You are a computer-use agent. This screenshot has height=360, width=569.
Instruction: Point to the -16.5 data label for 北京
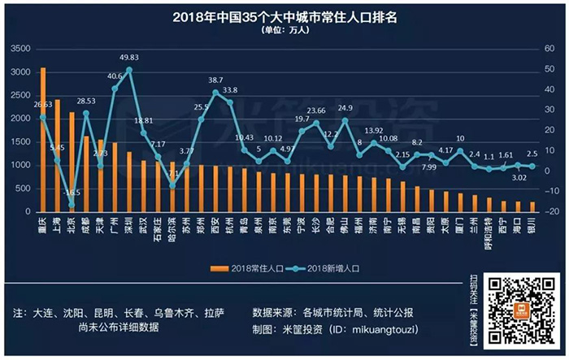[x=74, y=192]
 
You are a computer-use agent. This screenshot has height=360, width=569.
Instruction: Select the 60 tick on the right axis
[x=549, y=50]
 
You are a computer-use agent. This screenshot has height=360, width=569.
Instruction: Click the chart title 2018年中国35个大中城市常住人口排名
[x=284, y=17]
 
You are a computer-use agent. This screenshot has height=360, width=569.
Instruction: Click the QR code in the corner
[x=522, y=309]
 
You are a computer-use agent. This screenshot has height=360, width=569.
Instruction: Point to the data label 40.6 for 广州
[x=115, y=76]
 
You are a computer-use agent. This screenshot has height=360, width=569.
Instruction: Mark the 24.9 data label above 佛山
[x=345, y=107]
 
